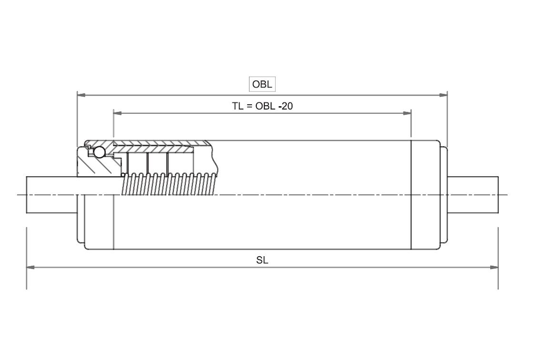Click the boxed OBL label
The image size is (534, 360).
click(x=262, y=84)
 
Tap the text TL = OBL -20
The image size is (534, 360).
click(x=262, y=106)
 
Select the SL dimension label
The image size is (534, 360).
click(x=262, y=260)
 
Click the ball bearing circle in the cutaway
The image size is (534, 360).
click(x=100, y=152)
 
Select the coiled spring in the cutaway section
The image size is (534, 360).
click(x=169, y=184)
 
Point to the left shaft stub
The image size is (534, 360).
click(x=51, y=194)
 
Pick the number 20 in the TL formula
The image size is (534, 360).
click(x=287, y=106)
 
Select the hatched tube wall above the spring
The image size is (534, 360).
click(x=162, y=144)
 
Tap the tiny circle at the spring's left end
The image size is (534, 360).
click(x=123, y=175)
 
